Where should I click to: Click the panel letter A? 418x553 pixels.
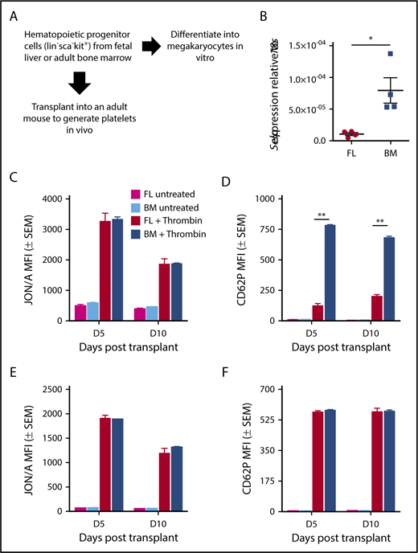pyautogui.click(x=15, y=13)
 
